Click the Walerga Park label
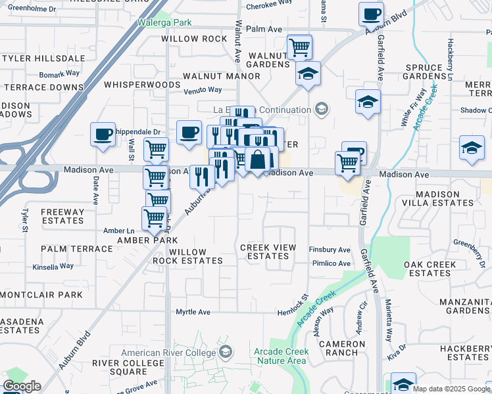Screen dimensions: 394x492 pos(164,22)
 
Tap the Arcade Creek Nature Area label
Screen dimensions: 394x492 pos(280,356)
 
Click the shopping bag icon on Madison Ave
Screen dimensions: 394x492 pos(259,159)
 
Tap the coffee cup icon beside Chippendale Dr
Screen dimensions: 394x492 pos(103,135)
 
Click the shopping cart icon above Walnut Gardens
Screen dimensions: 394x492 pos(299,47)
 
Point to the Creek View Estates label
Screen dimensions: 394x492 pos(268,252)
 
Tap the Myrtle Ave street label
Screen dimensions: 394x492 pos(193,312)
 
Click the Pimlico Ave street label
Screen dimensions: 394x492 pos(330,263)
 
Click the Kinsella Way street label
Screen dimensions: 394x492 pos(53,267)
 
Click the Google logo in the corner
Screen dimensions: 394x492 pos(22,386)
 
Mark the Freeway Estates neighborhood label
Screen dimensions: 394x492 pos(62,216)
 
